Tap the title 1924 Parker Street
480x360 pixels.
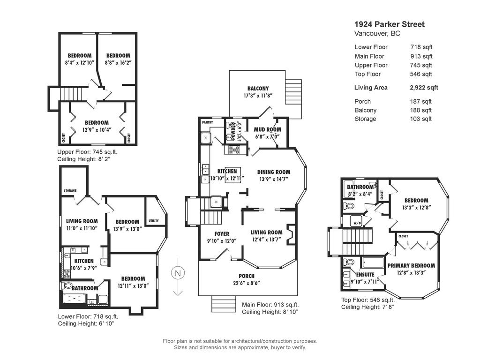[389, 24]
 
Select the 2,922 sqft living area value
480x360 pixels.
[424, 88]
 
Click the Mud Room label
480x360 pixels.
[267, 130]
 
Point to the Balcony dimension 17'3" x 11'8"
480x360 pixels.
[258, 95]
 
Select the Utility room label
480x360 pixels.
[153, 221]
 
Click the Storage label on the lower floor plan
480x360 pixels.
[70, 190]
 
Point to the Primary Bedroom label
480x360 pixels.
[411, 265]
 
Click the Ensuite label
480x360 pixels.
[365, 275]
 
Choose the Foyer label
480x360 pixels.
[222, 233]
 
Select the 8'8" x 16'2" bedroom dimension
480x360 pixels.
[118, 62]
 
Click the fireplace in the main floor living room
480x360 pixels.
[291, 234]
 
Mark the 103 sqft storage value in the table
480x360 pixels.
[421, 119]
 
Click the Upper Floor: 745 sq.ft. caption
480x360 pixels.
[87, 152]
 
